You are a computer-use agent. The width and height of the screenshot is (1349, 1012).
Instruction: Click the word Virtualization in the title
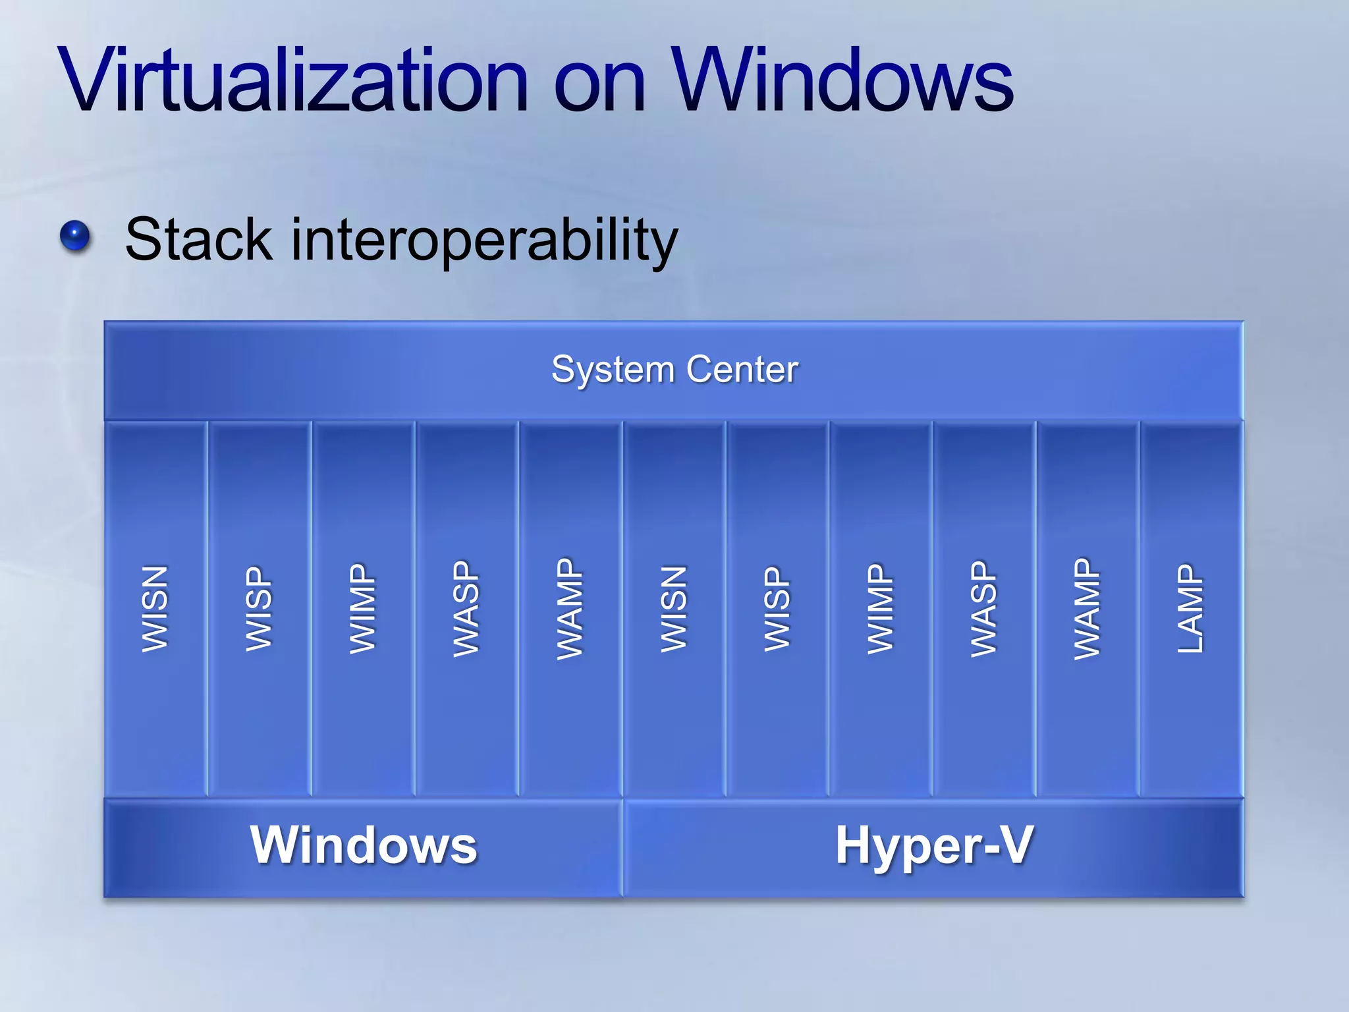click(293, 80)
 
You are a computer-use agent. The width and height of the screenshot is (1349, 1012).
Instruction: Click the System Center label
click(674, 369)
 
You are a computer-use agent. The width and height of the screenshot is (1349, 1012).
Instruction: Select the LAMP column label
click(1191, 608)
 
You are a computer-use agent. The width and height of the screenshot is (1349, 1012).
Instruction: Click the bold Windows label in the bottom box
click(363, 845)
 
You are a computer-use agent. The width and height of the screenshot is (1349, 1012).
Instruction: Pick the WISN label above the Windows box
click(155, 609)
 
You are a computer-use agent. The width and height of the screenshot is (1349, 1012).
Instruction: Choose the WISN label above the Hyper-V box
click(674, 609)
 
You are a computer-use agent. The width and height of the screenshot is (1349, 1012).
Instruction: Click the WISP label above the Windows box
click(259, 609)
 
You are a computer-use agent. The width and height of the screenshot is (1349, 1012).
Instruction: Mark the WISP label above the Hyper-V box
click(777, 609)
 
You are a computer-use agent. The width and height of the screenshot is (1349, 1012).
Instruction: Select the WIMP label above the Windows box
click(363, 609)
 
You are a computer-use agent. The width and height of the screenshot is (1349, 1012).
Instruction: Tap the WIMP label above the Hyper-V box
click(881, 609)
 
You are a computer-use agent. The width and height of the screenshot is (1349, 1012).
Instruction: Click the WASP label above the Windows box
click(466, 609)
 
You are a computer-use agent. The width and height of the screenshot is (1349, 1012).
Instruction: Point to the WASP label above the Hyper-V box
click(984, 609)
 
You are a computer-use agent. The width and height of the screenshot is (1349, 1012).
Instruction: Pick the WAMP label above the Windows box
click(570, 609)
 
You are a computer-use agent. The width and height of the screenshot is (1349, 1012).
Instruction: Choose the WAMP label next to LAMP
click(1087, 609)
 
